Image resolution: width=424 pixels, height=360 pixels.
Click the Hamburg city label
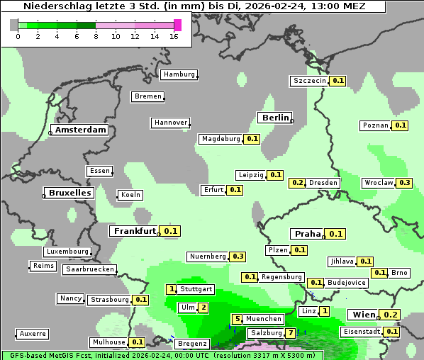tap(179, 74)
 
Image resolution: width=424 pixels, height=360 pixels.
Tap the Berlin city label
tap(275, 118)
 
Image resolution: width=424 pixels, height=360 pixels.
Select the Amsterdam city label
tap(81, 130)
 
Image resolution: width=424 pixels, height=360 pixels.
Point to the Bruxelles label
tap(69, 193)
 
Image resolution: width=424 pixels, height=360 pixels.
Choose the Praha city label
tap(308, 234)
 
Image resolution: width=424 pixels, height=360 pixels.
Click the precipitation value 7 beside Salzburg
tap(291, 333)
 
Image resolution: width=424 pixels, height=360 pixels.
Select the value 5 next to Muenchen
tap(238, 319)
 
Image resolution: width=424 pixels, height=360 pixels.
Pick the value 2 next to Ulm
tap(203, 308)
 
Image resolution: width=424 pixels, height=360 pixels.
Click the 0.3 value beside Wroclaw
tap(405, 183)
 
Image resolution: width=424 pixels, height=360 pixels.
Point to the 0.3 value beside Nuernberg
tap(238, 257)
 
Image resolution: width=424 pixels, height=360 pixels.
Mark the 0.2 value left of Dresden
tap(298, 183)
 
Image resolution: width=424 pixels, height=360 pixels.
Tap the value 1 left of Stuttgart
tap(171, 289)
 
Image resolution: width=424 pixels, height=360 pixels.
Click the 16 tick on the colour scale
tap(173, 36)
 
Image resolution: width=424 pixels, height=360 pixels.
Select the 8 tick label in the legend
tap(96, 36)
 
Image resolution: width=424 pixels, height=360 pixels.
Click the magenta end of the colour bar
tap(177, 25)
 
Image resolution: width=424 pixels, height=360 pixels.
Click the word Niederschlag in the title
tap(57, 6)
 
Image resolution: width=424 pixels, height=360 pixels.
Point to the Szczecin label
tap(310, 81)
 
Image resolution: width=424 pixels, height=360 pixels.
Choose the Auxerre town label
tap(33, 333)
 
